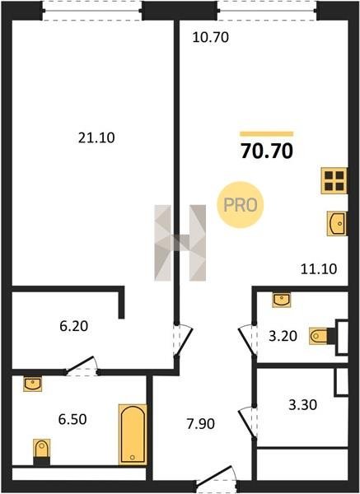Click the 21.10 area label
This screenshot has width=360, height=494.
[96, 138]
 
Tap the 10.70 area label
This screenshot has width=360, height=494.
[211, 38]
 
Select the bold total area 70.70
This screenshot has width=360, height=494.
[267, 151]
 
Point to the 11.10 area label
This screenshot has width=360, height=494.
[319, 269]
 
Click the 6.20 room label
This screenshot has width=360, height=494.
[74, 326]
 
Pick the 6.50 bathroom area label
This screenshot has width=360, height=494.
[72, 419]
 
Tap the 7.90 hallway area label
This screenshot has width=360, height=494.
[201, 424]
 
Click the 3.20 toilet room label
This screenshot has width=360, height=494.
[283, 336]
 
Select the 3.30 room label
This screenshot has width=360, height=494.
[303, 405]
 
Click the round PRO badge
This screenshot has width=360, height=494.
[241, 205]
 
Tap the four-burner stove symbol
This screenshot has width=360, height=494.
[334, 181]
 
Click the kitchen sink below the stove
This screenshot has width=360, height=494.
[337, 223]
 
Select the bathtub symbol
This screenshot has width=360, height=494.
[133, 435]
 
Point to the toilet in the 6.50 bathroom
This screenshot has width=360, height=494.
[42, 452]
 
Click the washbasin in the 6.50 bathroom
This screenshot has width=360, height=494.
[32, 384]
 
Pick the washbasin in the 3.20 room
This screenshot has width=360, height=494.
[282, 300]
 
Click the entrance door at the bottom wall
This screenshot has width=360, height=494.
[217, 478]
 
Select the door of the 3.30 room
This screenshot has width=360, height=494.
[248, 422]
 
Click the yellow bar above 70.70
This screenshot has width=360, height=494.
[267, 134]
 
